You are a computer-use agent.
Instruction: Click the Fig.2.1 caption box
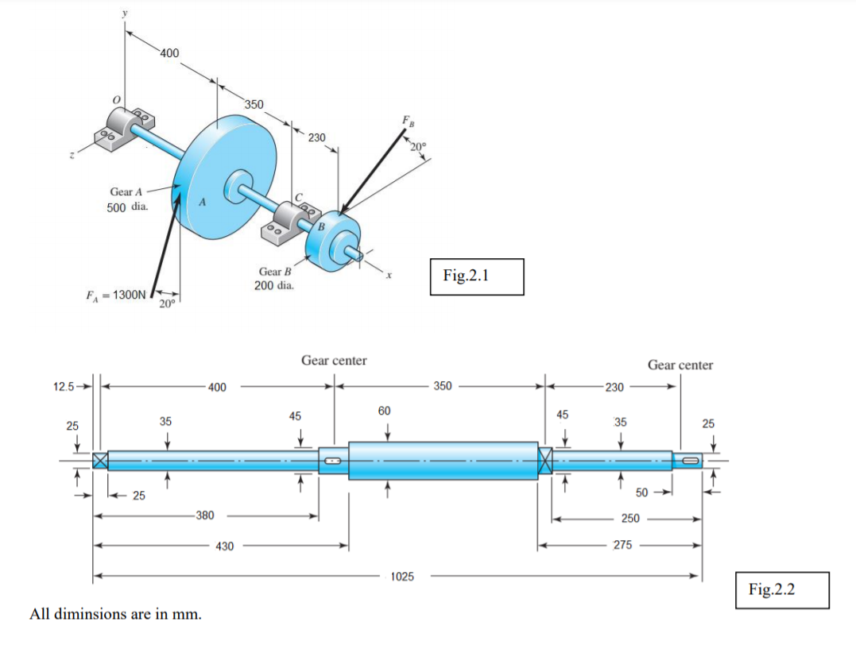[476, 276]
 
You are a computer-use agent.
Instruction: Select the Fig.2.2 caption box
[782, 590]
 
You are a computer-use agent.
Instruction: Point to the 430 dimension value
[225, 547]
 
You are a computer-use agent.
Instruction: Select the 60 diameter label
[385, 411]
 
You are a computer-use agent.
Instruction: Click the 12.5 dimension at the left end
[64, 387]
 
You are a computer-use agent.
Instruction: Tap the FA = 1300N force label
[115, 295]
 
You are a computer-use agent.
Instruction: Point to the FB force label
[408, 122]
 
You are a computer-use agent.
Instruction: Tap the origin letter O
[116, 99]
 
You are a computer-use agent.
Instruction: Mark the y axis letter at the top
[125, 14]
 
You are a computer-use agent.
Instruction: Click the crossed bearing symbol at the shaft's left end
[100, 460]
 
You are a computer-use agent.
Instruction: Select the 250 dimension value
[629, 518]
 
